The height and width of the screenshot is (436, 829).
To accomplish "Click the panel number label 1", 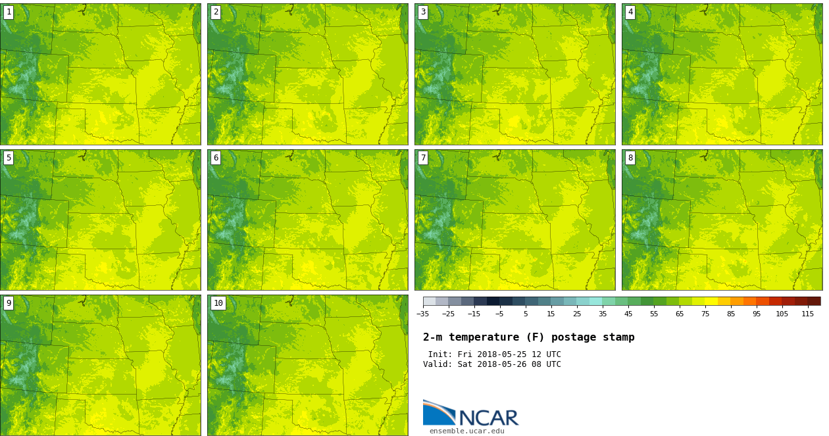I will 9,12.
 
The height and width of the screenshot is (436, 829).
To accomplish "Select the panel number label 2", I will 216,12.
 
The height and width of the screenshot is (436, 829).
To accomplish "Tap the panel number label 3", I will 423,12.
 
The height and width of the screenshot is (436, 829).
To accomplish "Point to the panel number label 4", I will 630,12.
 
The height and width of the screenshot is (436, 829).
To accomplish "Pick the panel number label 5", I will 9,158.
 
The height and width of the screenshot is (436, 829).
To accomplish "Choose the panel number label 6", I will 216,158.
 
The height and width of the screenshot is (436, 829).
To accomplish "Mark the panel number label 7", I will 423,158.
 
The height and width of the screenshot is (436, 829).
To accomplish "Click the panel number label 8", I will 630,158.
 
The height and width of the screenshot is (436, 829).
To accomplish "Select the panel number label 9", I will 9,303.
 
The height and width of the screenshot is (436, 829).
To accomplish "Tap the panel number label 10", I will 218,303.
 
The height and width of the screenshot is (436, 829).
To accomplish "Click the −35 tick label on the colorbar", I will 423,314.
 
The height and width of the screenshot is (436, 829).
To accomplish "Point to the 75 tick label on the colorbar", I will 705,314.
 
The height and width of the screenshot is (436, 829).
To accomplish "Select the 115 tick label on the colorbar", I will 807,314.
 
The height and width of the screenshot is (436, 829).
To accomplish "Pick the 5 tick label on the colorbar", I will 526,314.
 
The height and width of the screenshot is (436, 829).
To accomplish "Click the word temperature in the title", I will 488,337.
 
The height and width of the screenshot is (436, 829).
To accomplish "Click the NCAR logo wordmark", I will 488,418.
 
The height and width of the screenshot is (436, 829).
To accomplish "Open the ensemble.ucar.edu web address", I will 466,431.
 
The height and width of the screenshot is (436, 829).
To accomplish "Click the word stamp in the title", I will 618,337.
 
